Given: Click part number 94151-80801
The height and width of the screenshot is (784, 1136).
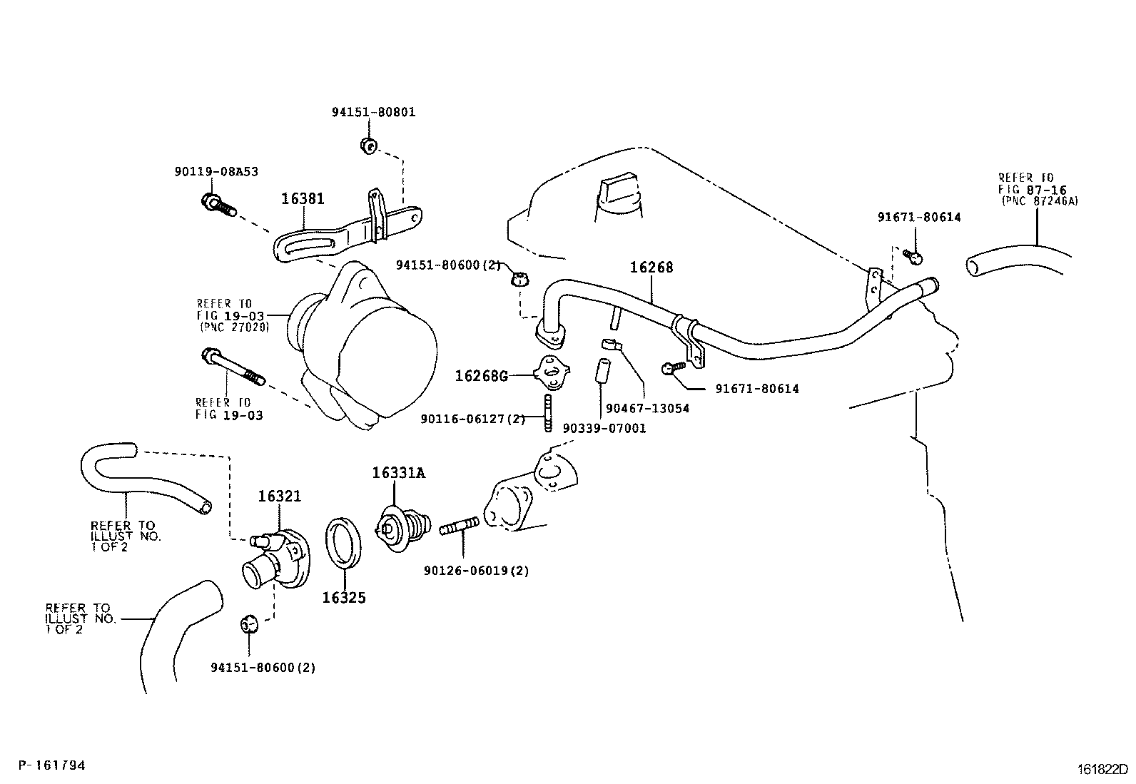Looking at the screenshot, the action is click(x=374, y=112).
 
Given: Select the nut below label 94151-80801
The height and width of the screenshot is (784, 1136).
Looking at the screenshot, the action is click(x=369, y=146).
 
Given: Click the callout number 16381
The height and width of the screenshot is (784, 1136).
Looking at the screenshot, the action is click(x=303, y=199).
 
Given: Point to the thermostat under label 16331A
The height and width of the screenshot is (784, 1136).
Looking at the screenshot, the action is click(x=403, y=527).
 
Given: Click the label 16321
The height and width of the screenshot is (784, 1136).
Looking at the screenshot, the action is click(x=280, y=496).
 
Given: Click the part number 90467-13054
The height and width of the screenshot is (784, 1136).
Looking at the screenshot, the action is click(x=648, y=409).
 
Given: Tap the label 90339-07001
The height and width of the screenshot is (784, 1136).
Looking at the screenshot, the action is click(x=604, y=429).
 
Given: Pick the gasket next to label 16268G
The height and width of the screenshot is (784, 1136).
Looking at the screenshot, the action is click(x=552, y=372).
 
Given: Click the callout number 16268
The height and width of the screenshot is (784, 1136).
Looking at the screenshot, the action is click(x=651, y=268).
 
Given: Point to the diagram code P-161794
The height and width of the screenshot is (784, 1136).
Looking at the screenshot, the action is click(x=51, y=765).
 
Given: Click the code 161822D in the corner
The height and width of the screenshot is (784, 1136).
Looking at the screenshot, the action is click(x=1102, y=769).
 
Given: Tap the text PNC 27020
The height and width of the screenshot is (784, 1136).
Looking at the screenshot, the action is click(x=234, y=327).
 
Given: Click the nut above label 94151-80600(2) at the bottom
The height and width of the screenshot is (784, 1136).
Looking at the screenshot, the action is click(x=248, y=623).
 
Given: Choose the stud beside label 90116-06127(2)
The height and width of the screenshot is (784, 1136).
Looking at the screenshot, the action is click(x=548, y=413).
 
